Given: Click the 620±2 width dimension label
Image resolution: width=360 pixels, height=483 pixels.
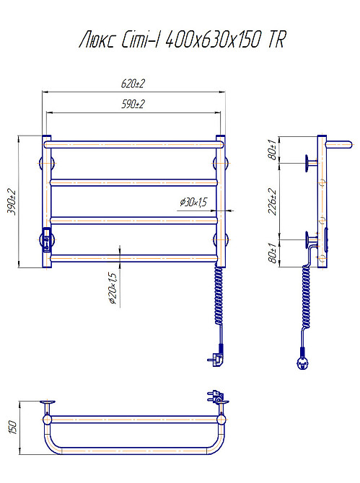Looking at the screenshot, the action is click(133, 84).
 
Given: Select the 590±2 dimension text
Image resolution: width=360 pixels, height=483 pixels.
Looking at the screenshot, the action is click(133, 104).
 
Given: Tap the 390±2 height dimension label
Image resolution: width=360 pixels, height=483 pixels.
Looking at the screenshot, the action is click(12, 202).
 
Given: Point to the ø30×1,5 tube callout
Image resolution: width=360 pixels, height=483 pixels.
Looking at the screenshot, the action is click(193, 202).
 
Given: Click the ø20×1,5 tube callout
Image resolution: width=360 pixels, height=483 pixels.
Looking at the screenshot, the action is click(113, 288).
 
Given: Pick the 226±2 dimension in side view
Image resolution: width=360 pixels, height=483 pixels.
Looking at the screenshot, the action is click(273, 201).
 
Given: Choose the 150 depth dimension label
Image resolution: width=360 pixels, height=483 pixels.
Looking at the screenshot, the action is click(13, 427).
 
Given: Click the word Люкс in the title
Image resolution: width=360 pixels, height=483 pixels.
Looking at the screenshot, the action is click(97, 40).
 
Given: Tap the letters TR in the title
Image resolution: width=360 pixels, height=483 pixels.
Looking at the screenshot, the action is click(277, 40).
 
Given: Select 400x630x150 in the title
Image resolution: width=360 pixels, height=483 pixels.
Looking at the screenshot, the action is click(214, 40).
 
